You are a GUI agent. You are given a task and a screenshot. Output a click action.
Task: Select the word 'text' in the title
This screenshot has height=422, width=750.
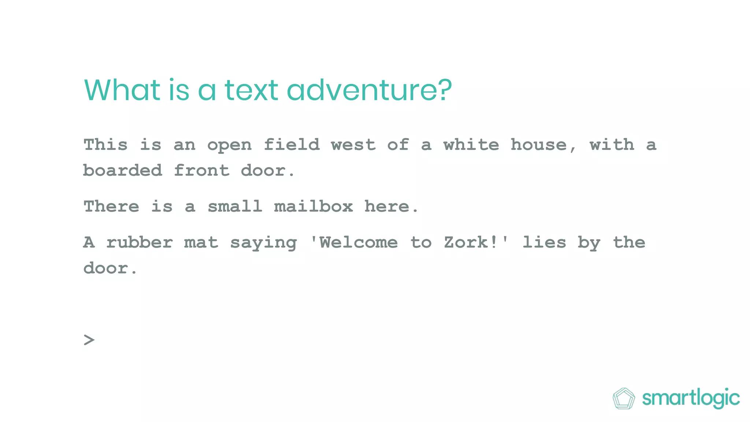pos(251,90)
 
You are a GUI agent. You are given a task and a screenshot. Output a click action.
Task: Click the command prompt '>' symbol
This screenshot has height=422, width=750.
pos(89,340)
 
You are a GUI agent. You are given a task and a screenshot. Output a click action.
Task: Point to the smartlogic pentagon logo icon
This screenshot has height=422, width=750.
pos(624,398)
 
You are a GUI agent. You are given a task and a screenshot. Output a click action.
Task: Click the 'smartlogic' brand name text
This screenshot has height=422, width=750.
pos(691,398)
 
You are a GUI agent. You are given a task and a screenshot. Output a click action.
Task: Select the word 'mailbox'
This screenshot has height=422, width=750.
pos(313,207)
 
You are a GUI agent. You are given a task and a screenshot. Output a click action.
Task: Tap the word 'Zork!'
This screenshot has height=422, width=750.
pos(471,243)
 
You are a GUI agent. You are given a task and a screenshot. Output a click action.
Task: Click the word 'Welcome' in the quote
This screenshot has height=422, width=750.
pos(358,243)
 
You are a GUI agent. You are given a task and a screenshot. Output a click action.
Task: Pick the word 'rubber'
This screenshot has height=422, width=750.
pos(140,243)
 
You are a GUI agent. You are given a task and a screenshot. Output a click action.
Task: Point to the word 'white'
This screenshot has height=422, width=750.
pos(471,145)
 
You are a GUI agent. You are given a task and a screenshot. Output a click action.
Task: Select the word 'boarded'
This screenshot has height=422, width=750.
pos(123,171)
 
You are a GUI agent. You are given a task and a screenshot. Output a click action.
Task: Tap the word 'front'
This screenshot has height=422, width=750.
pos(202,171)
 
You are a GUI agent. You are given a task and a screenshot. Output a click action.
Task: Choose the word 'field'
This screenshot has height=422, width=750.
pos(292,145)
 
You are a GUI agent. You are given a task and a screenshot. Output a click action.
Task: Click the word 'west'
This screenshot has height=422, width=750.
pos(353,145)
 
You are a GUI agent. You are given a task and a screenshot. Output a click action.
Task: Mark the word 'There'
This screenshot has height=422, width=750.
pos(111,207)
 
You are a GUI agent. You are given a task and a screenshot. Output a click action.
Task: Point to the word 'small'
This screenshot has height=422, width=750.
pos(235,207)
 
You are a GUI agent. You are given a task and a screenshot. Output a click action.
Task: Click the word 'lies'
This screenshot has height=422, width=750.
pos(544,243)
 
